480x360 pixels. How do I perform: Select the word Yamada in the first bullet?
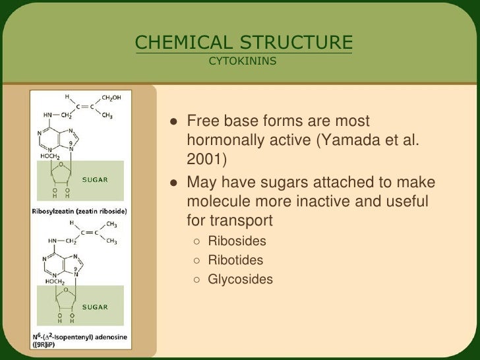[361, 141]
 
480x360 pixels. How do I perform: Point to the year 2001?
[205, 160]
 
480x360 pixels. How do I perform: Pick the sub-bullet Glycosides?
[240, 280]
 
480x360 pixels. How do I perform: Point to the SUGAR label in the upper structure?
[94, 178]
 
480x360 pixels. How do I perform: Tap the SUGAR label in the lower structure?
[94, 306]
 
